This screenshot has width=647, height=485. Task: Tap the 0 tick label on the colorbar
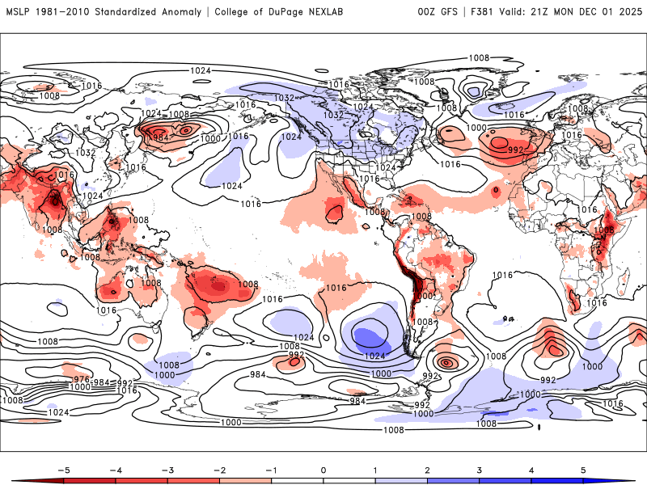point(323,469)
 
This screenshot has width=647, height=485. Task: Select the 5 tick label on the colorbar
point(584,469)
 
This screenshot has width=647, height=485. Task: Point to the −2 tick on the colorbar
point(219,469)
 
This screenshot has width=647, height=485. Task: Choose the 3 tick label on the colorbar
point(480,469)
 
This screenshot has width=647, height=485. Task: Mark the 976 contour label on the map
point(81,379)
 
